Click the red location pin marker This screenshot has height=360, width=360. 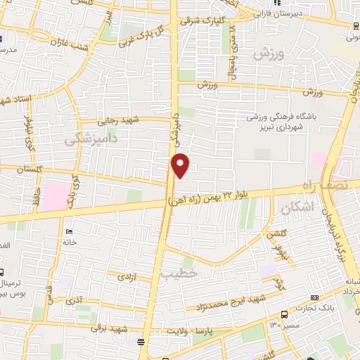181,165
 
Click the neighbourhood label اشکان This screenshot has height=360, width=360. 295,209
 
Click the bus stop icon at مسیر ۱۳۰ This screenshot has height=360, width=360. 283,315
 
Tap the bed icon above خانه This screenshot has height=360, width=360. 68,231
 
